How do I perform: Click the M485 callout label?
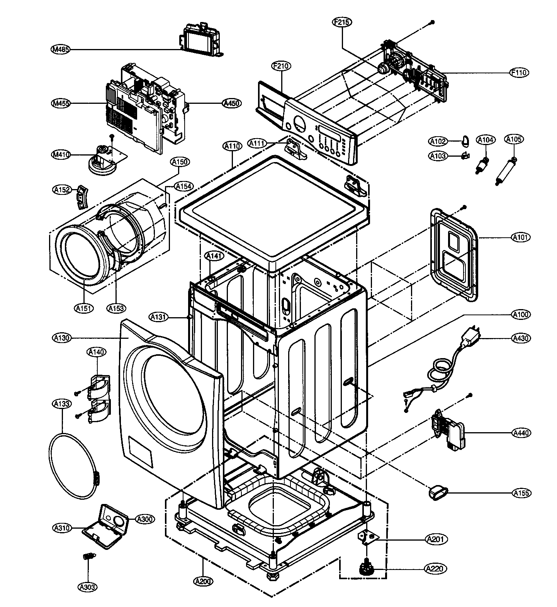[60, 49]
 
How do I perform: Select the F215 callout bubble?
[342, 22]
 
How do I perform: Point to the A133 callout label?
[62, 404]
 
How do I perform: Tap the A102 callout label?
[438, 141]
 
